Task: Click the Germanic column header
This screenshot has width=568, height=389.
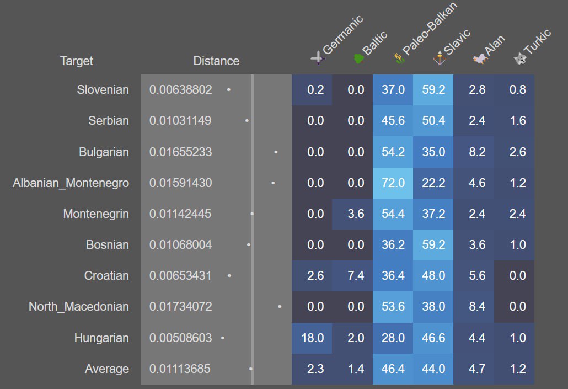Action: pyautogui.click(x=342, y=36)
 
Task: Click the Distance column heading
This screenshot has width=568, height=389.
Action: pyautogui.click(x=216, y=61)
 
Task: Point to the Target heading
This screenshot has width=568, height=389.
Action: pyautogui.click(x=77, y=61)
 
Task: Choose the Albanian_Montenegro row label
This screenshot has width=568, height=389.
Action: pyautogui.click(x=71, y=183)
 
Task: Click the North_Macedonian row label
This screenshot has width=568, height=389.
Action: pyautogui.click(x=79, y=307)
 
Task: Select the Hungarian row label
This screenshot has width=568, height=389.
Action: pyautogui.click(x=101, y=338)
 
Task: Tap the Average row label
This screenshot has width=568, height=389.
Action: pyautogui.click(x=107, y=369)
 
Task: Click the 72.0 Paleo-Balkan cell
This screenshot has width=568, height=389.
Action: pyautogui.click(x=393, y=183)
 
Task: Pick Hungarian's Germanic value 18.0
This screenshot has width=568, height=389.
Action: pyautogui.click(x=312, y=338)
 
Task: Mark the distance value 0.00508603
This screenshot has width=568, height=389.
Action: pyautogui.click(x=180, y=338)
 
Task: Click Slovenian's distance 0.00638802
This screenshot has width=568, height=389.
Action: pyautogui.click(x=180, y=89)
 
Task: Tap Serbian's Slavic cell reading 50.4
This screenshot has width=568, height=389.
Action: pyautogui.click(x=433, y=120)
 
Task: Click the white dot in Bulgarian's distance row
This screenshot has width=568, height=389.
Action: pyautogui.click(x=276, y=151)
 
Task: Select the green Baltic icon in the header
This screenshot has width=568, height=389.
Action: pyautogui.click(x=358, y=58)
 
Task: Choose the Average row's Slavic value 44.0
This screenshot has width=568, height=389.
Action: pyautogui.click(x=433, y=369)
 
